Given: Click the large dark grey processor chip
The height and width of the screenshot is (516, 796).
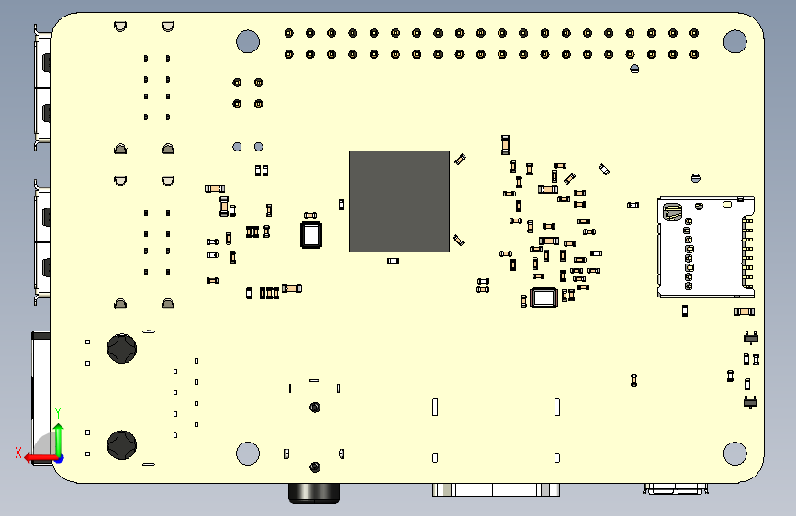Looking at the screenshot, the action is (x=398, y=201).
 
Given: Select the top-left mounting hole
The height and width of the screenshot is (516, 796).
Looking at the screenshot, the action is (x=248, y=40).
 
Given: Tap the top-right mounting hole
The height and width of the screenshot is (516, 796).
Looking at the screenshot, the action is (x=734, y=40).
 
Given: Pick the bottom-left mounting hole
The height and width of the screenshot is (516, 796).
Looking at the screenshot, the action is (x=248, y=453).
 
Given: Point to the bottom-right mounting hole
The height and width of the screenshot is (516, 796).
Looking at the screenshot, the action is (x=734, y=453).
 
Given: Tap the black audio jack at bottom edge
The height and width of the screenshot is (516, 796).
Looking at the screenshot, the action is (x=314, y=493).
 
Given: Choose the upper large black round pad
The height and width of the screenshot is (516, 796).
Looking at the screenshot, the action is (x=121, y=348).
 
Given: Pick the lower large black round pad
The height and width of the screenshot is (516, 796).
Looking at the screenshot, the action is (x=121, y=444).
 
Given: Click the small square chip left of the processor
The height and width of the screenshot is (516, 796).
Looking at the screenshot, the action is (x=312, y=234).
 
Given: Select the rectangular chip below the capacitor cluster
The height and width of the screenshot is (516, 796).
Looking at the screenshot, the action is (x=544, y=297).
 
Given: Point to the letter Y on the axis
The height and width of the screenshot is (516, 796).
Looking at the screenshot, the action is (x=58, y=412).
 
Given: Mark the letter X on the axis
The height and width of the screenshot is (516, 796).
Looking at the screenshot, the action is (x=17, y=453).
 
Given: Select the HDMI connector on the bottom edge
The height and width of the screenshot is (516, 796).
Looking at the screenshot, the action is (x=496, y=489).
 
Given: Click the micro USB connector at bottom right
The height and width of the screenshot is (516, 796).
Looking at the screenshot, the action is (x=676, y=488).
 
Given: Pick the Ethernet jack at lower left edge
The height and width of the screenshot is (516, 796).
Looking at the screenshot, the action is (x=40, y=397).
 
